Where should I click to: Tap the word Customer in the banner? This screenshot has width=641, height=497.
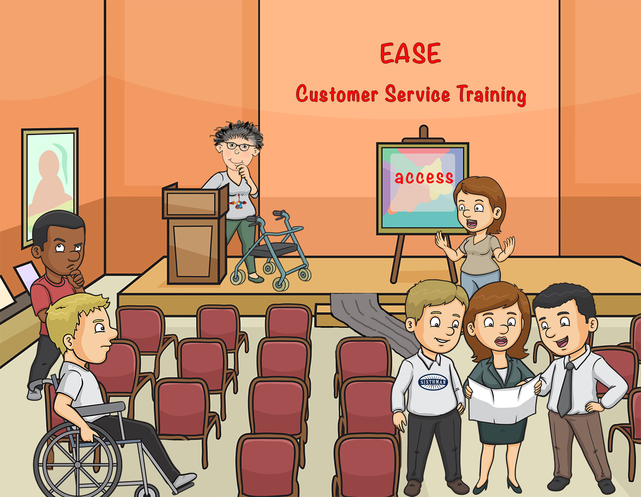click(337, 94)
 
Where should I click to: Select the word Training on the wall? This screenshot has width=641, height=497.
click(491, 95)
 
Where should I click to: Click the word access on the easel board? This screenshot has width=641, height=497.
click(424, 177)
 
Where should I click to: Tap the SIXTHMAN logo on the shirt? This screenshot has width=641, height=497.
click(433, 382)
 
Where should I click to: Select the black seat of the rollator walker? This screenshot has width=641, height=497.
click(276, 248)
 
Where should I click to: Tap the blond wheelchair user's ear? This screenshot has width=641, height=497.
click(68, 343)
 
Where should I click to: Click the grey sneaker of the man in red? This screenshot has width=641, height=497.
click(34, 393)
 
